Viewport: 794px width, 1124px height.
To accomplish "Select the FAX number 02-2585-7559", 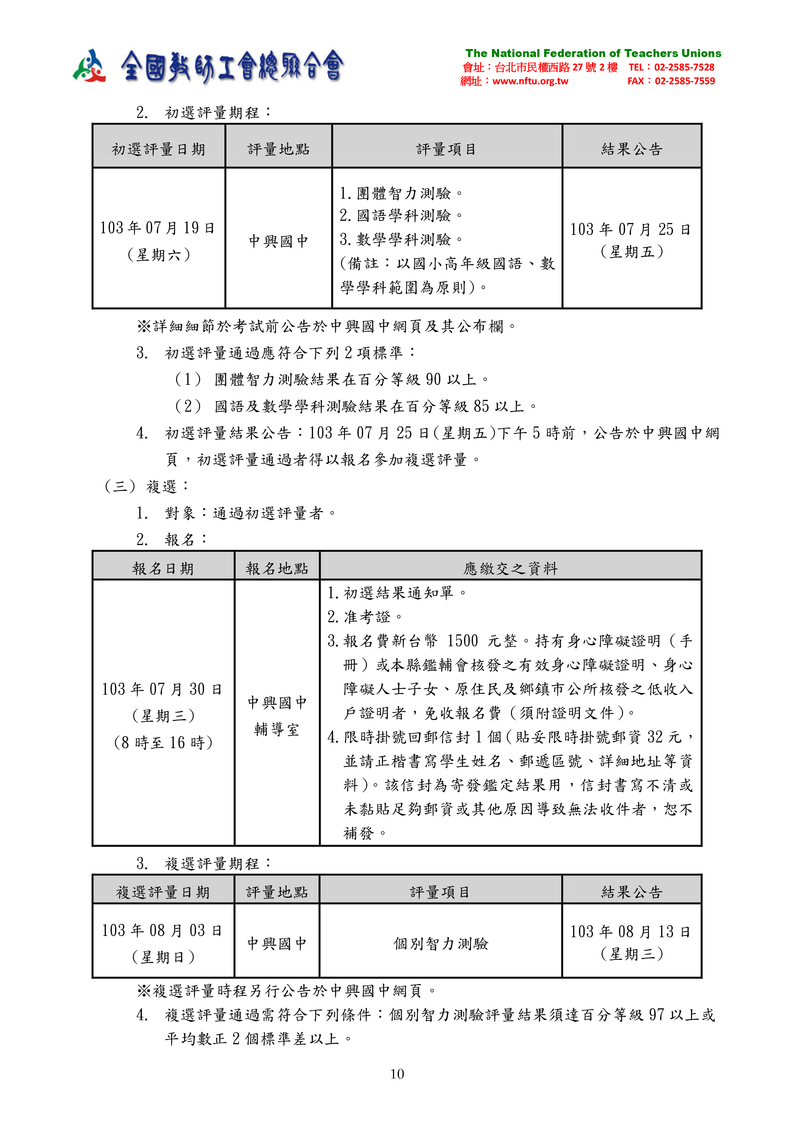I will click(685, 81).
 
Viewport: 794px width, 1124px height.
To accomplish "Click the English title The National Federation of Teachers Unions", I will click(593, 54).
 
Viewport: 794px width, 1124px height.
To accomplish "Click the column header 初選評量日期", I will click(158, 149).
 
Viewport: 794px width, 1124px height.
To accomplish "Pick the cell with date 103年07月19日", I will click(158, 227).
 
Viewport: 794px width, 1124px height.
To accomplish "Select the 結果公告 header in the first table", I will click(632, 149).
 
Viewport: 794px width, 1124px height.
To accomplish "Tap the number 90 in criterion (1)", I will click(433, 379).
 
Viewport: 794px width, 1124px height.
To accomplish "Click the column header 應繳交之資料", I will click(510, 568).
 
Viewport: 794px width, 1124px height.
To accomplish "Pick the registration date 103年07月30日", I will click(162, 689).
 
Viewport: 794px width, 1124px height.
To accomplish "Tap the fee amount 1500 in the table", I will click(462, 641).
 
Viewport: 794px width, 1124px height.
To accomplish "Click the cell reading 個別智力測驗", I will click(441, 943).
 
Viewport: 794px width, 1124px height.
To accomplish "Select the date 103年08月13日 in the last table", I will click(631, 932).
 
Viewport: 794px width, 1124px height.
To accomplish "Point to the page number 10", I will click(397, 1074).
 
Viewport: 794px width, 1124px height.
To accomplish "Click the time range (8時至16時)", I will click(163, 743).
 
